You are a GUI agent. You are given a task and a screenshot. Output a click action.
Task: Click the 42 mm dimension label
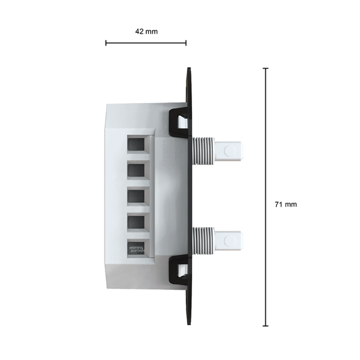146,31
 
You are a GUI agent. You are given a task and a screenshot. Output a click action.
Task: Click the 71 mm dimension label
285,204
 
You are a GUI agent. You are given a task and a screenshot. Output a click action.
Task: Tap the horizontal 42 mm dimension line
146,43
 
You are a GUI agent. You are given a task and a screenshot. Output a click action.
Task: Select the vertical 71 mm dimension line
266,197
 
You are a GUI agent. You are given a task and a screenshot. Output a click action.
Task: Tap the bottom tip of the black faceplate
189,324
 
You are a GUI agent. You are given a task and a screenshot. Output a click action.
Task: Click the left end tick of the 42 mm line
106,43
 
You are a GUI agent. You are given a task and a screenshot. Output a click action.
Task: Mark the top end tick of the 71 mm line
266,68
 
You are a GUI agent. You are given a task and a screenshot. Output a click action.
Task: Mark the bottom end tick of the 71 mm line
266,326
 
